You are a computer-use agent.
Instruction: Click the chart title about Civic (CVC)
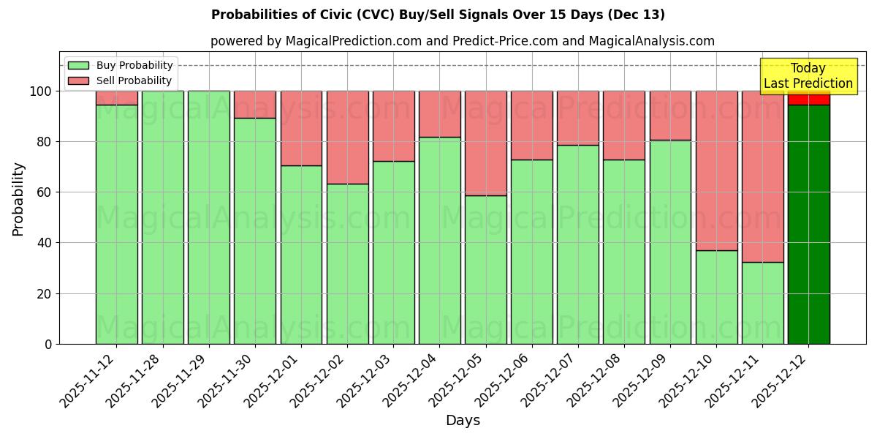pos(438,15)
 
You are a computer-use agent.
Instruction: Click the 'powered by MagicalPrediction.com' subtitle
pos(462,41)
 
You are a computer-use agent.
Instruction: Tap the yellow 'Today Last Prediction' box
pos(808,76)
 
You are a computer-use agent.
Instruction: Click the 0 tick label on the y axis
pos(48,344)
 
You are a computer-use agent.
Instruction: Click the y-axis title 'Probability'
pos(18,199)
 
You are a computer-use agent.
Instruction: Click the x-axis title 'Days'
pos(463,421)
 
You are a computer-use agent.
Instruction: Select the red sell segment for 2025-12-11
pos(762,176)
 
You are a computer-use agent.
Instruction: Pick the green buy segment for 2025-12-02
pos(347,263)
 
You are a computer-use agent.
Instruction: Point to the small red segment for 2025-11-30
pos(254,105)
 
